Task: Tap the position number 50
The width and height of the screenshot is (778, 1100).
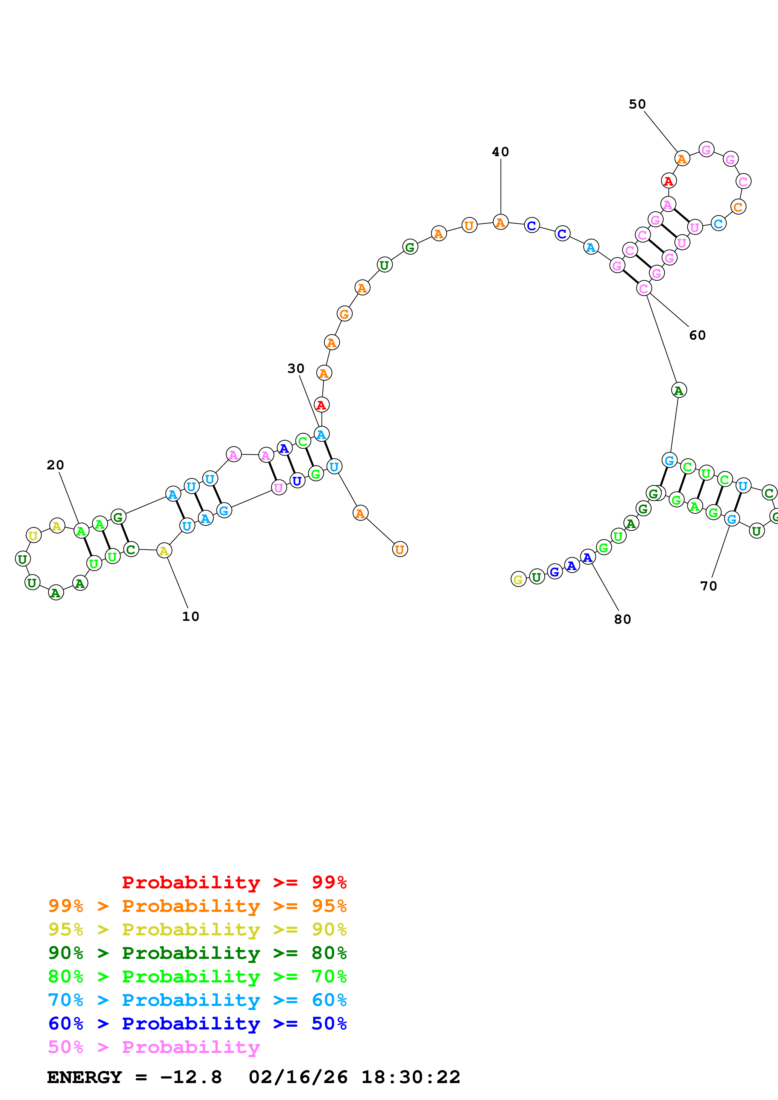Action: pos(637,104)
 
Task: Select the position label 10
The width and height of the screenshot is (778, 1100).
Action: pos(190,616)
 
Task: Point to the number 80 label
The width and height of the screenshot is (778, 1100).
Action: pos(622,620)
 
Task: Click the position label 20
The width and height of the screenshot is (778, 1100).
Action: pos(55,465)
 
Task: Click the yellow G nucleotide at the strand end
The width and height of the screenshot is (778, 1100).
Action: pos(518,580)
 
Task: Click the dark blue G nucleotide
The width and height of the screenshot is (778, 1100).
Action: pos(555,572)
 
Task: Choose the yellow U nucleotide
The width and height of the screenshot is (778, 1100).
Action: pos(33,535)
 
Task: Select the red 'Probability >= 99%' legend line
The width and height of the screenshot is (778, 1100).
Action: pos(234,882)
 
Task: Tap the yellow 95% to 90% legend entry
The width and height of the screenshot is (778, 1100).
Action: pos(197,929)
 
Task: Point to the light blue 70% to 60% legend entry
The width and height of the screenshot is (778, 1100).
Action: pos(197,1000)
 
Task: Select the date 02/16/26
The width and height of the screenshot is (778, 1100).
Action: pos(298,1077)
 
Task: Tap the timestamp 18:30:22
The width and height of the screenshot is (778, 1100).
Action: pos(410,1077)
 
